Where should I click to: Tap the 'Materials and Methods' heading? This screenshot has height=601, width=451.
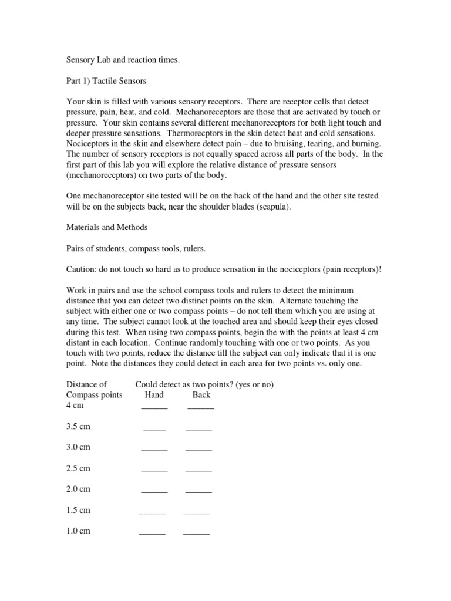pyautogui.click(x=107, y=227)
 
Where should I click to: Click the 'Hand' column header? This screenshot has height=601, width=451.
pyautogui.click(x=154, y=395)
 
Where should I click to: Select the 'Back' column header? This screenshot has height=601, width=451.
pyautogui.click(x=201, y=395)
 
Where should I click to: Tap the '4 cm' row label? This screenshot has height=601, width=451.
pyautogui.click(x=76, y=406)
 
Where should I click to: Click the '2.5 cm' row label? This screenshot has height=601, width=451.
pyautogui.click(x=79, y=468)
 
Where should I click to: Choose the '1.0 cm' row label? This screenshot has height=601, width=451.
pyautogui.click(x=79, y=531)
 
